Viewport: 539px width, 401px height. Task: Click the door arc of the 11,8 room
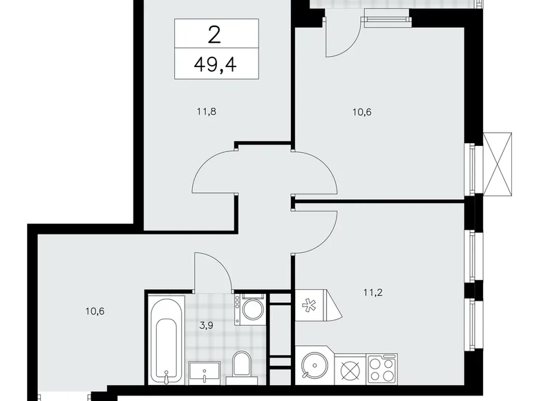pos(214,172)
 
